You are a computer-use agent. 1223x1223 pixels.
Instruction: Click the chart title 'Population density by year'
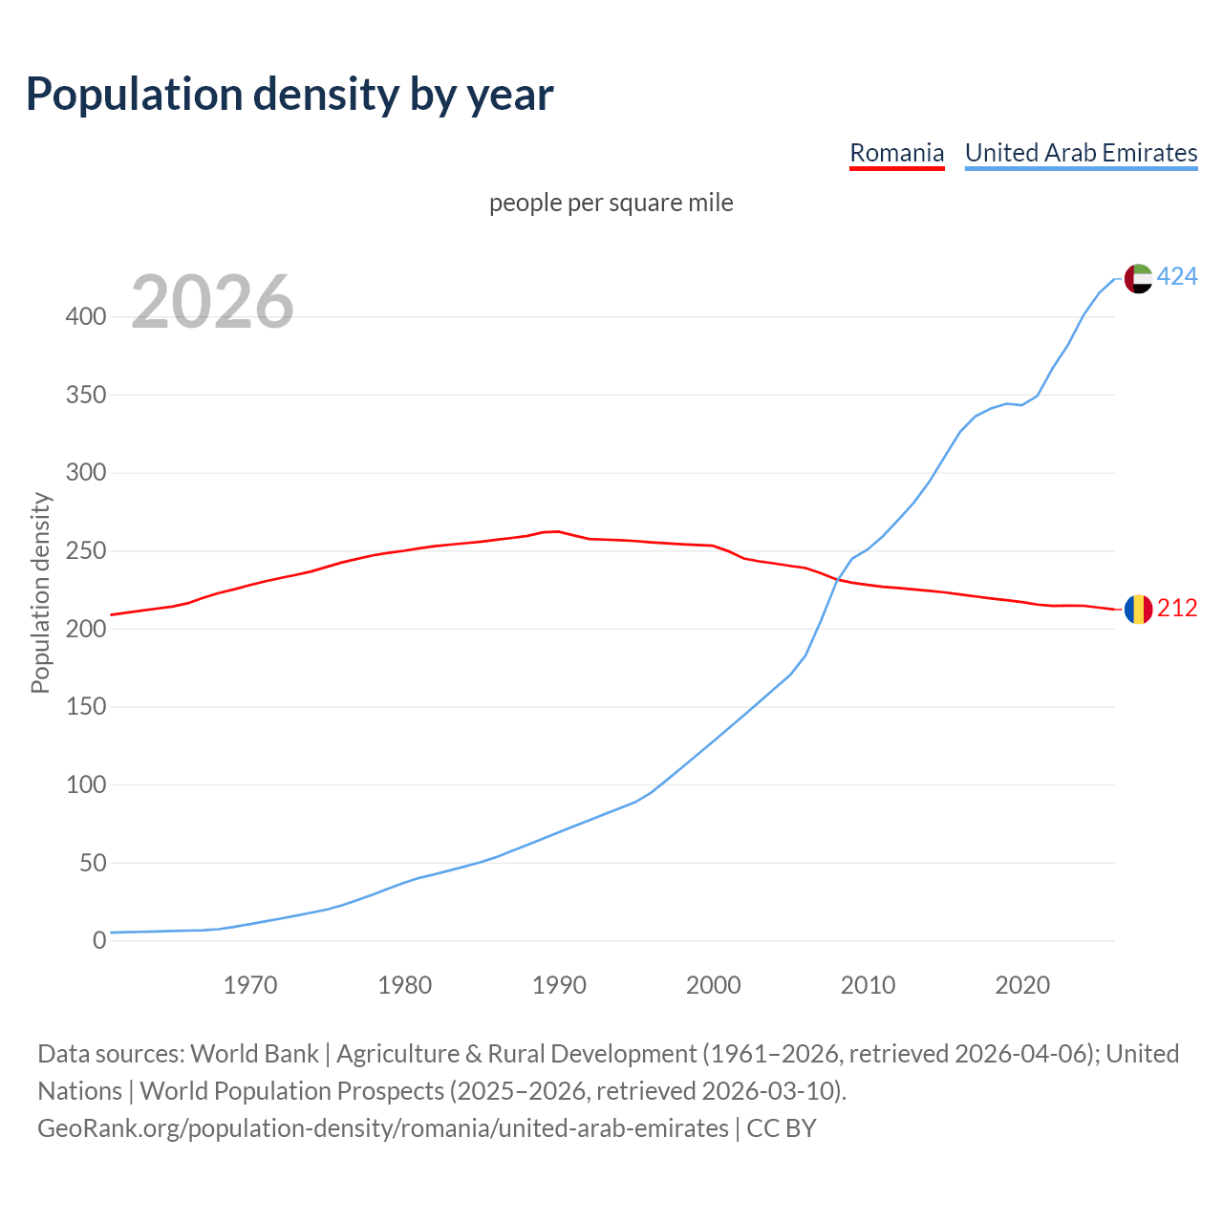(x=290, y=94)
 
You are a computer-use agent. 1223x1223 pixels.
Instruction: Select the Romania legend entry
(x=896, y=153)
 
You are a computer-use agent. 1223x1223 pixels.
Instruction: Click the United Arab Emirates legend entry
(x=1081, y=153)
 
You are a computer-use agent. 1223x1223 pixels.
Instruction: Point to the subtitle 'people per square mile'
(x=611, y=203)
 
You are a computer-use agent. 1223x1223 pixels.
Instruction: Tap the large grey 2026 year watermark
(x=212, y=302)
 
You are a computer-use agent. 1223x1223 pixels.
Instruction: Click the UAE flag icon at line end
(x=1138, y=278)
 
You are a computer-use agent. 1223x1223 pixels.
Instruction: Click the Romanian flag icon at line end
(x=1138, y=609)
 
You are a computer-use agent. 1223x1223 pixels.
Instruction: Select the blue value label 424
(x=1177, y=277)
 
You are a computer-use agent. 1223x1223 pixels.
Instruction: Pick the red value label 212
(x=1177, y=609)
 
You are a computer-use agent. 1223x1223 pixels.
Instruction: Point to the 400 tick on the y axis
(x=85, y=316)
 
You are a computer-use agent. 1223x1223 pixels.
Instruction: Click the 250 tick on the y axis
(x=85, y=551)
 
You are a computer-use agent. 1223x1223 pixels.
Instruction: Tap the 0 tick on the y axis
(x=98, y=941)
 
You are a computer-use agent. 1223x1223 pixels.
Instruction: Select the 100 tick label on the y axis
(x=85, y=785)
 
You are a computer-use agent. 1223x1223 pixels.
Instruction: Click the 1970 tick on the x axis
(x=250, y=985)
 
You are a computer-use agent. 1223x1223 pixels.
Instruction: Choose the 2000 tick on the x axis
(x=713, y=985)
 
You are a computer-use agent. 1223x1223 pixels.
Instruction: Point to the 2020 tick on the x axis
(x=1022, y=985)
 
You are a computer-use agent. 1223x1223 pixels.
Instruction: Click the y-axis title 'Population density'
(x=40, y=592)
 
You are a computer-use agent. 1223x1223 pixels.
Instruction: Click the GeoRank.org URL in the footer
(x=382, y=1128)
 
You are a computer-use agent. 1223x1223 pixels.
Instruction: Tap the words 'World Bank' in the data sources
(x=254, y=1054)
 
